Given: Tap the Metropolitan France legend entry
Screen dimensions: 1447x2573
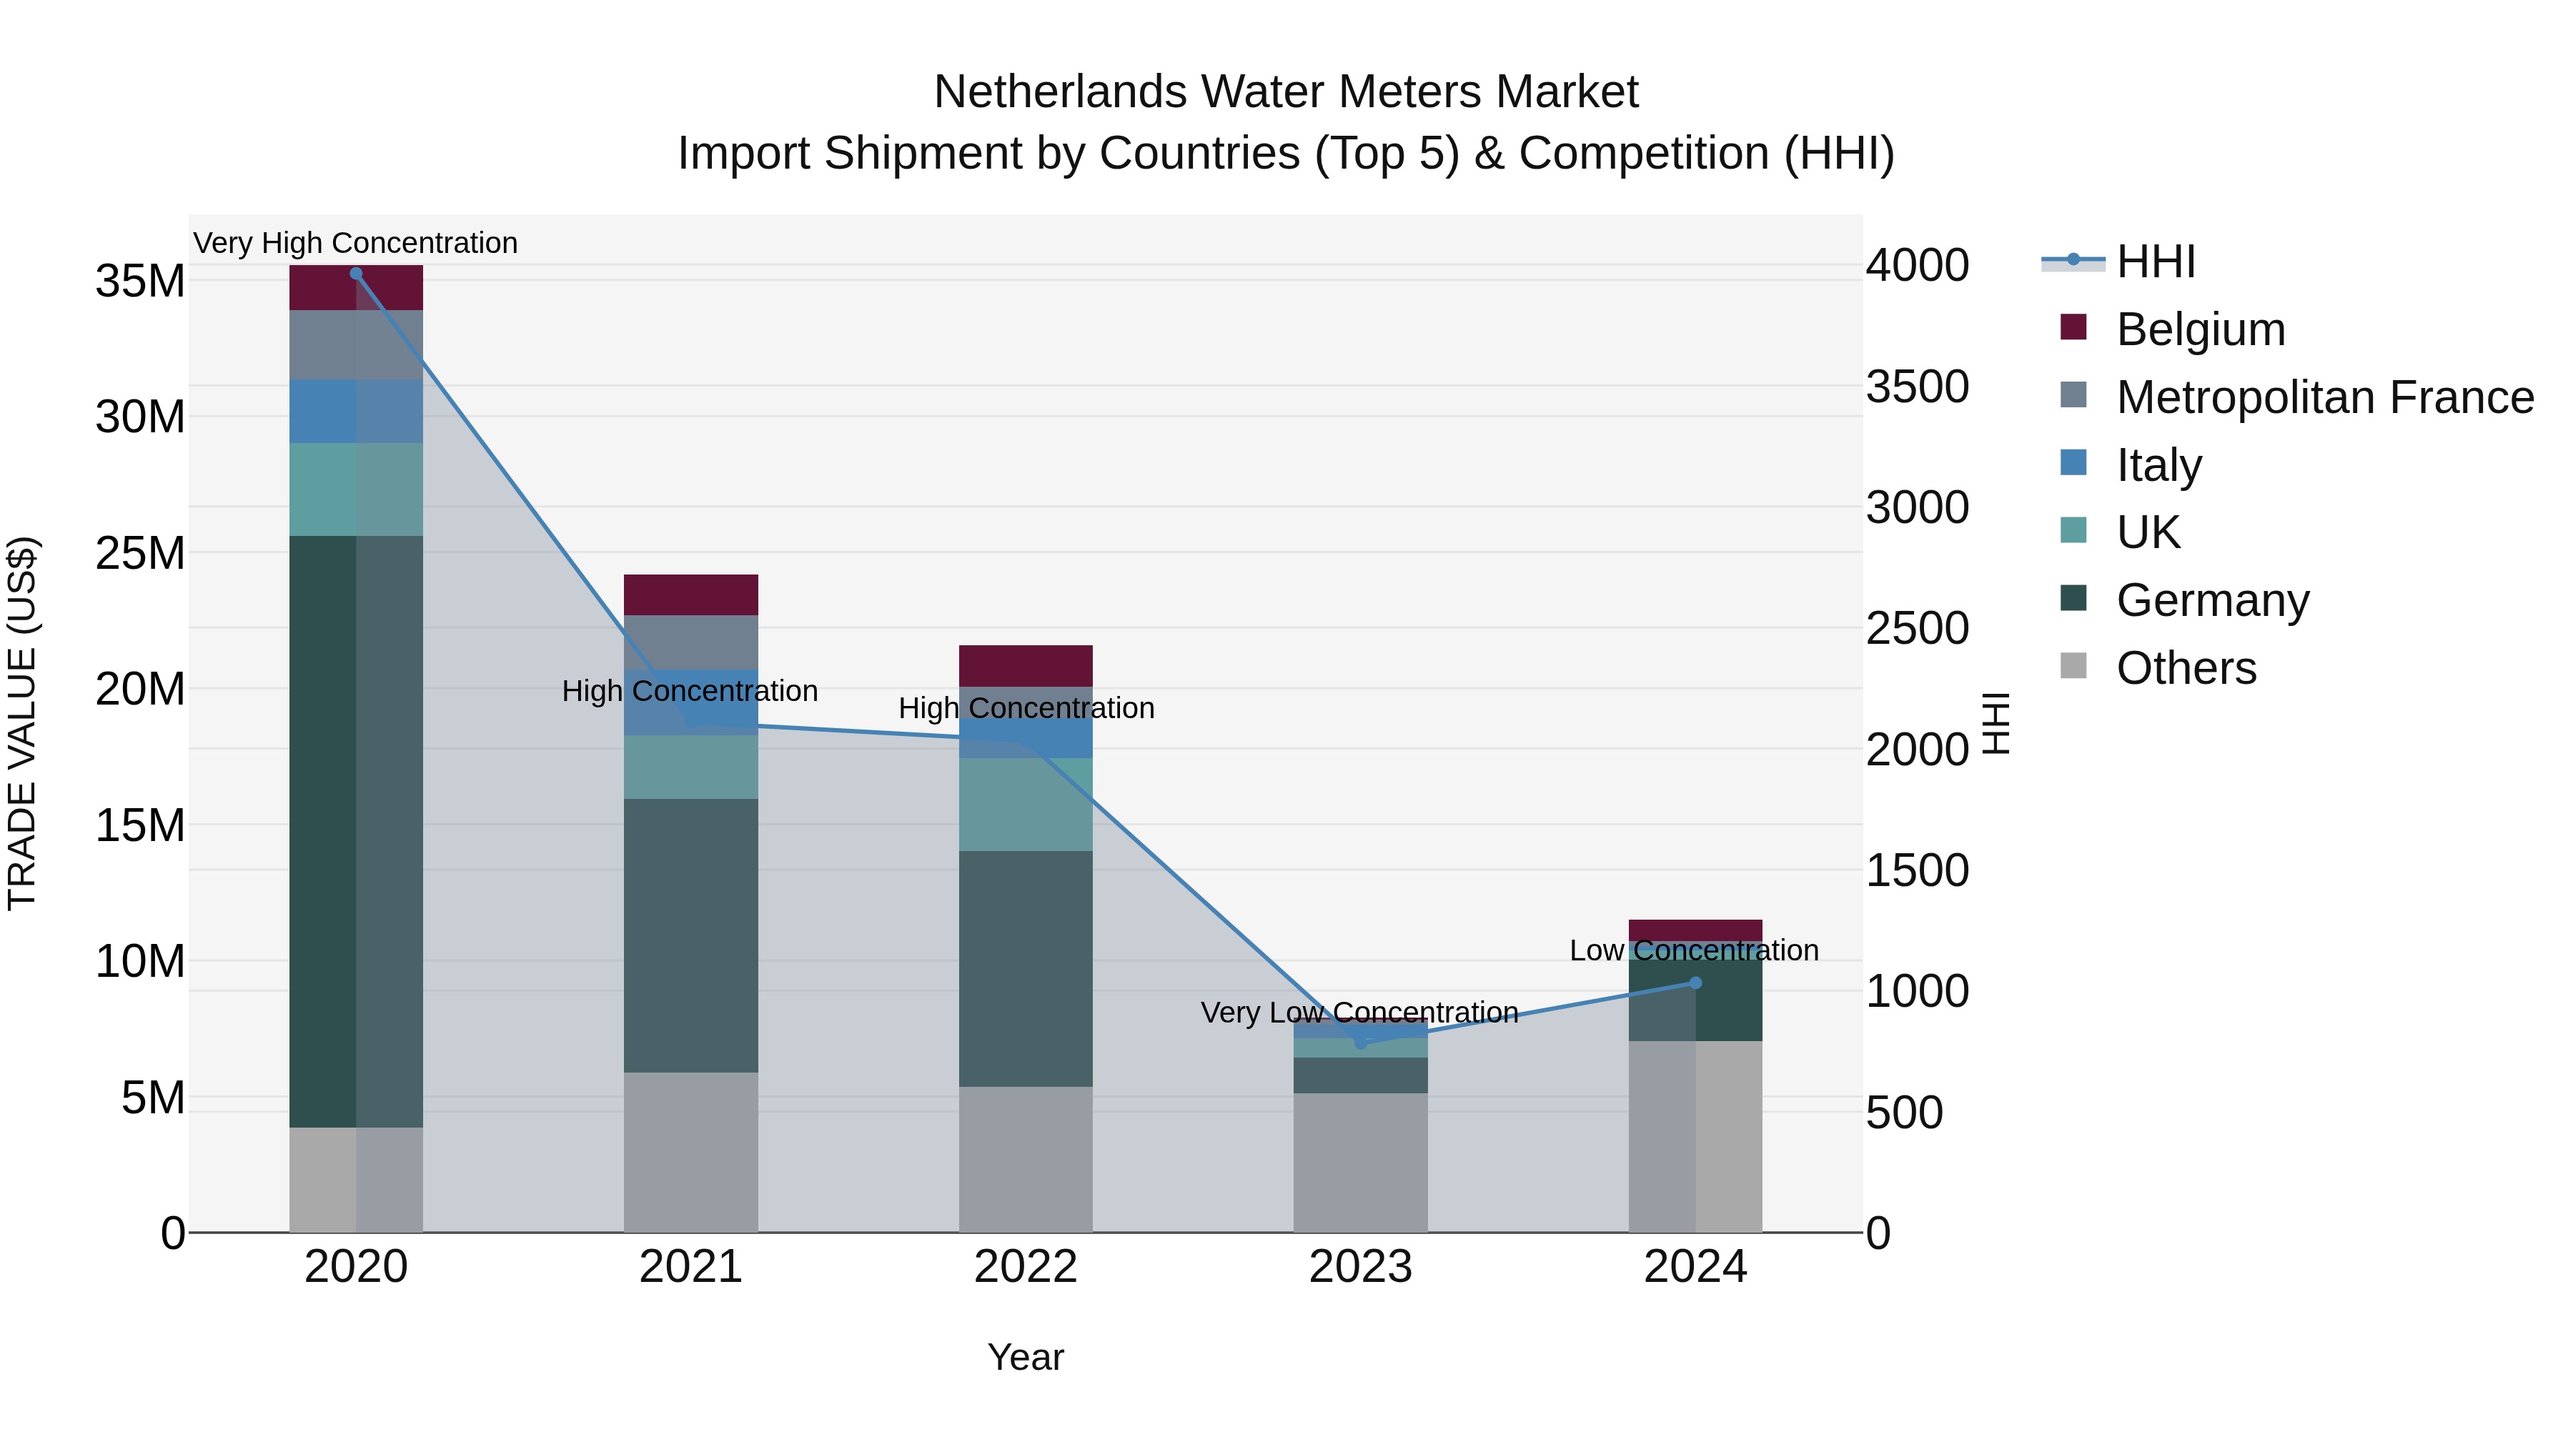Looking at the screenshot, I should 2324,397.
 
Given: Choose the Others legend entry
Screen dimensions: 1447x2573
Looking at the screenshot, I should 2186,668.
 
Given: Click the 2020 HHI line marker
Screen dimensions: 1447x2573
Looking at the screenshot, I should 357,274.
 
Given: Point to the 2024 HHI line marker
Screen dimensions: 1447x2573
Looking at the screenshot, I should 1695,983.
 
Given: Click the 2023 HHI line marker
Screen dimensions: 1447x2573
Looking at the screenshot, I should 1360,1043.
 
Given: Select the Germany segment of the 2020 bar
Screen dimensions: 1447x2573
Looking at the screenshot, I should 357,831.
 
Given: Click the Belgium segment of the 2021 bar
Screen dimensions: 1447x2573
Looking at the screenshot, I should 691,595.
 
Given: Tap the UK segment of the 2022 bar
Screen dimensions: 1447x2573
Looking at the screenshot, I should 1026,804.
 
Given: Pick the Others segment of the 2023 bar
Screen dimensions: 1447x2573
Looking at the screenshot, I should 1360,1163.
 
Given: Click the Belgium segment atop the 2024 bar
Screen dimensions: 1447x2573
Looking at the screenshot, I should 1695,930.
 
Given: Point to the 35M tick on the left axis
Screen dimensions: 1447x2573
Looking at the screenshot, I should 140,282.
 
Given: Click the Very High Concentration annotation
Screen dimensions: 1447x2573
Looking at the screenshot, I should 356,243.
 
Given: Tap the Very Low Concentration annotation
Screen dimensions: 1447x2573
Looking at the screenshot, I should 1359,1013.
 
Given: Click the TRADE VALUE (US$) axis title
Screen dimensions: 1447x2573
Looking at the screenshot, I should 22,723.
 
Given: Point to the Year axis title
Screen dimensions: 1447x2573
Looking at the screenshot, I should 1026,1357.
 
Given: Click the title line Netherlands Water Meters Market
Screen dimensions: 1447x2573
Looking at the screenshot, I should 1286,92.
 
